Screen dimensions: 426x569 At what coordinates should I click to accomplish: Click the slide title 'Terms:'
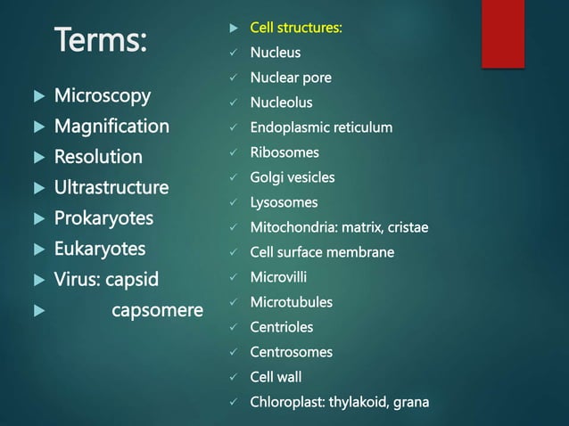point(103,40)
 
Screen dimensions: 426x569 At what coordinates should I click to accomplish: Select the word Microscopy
point(103,95)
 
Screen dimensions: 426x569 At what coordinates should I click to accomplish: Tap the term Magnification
point(111,127)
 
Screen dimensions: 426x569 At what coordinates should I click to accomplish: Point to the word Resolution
point(98,157)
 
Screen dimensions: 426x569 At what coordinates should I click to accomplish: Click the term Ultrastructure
point(111,188)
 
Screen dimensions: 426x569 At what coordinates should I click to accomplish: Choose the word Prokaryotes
point(103,218)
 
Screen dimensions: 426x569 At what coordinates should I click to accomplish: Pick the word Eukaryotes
point(100,249)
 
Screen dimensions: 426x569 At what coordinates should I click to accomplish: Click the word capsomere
point(157,311)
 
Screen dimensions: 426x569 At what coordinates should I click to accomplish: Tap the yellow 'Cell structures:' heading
point(295,28)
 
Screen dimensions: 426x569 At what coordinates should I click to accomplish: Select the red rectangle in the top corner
point(503,33)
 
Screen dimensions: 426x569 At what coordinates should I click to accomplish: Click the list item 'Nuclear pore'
point(291,78)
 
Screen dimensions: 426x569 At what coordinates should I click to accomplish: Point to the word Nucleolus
point(281,102)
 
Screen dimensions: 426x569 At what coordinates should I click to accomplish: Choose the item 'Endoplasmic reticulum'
point(321,127)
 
